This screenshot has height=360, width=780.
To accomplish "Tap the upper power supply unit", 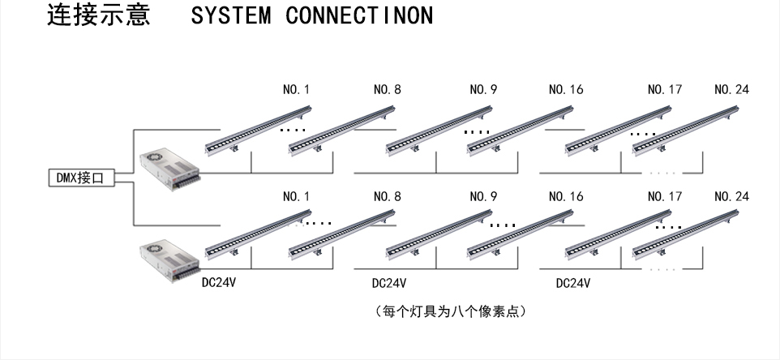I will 168,169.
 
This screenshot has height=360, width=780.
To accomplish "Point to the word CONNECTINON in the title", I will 359,16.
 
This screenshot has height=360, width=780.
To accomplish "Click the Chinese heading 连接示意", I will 99,16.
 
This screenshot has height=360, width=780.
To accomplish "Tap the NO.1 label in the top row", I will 296,90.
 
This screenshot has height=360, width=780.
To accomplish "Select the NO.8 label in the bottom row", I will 387,196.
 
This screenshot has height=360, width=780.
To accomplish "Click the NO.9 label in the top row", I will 483,90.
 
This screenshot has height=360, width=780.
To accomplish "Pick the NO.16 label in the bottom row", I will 566,196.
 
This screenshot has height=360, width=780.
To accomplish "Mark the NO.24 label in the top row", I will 731,90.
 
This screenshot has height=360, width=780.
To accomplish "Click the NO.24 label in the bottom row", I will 731,196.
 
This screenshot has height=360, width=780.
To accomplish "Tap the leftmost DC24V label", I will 219,283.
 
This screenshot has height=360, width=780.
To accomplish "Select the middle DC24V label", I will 388,283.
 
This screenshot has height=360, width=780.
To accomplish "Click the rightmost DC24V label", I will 572,283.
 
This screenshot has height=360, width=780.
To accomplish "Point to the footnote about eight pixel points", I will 452,311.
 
